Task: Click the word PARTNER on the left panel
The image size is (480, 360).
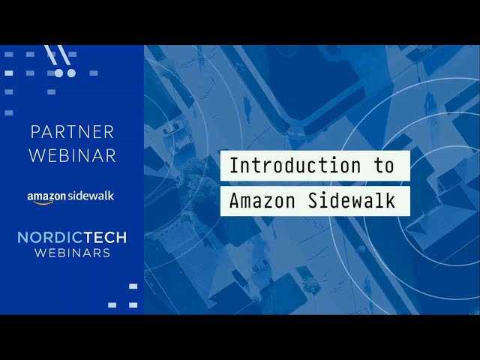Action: [x=72, y=132]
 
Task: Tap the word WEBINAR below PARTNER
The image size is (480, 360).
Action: [x=72, y=155]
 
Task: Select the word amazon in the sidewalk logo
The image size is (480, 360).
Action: [x=47, y=196]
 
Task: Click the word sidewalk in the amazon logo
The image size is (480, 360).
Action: [x=91, y=196]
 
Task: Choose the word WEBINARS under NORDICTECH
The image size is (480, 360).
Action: [x=72, y=253]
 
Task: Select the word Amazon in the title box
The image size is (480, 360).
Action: [x=254, y=201]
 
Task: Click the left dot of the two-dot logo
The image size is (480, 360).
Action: [x=59, y=73]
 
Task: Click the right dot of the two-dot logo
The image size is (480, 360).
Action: [x=71, y=73]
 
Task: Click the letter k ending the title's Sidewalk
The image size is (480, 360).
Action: [x=390, y=201]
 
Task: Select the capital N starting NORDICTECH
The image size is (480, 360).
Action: [x=22, y=238]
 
